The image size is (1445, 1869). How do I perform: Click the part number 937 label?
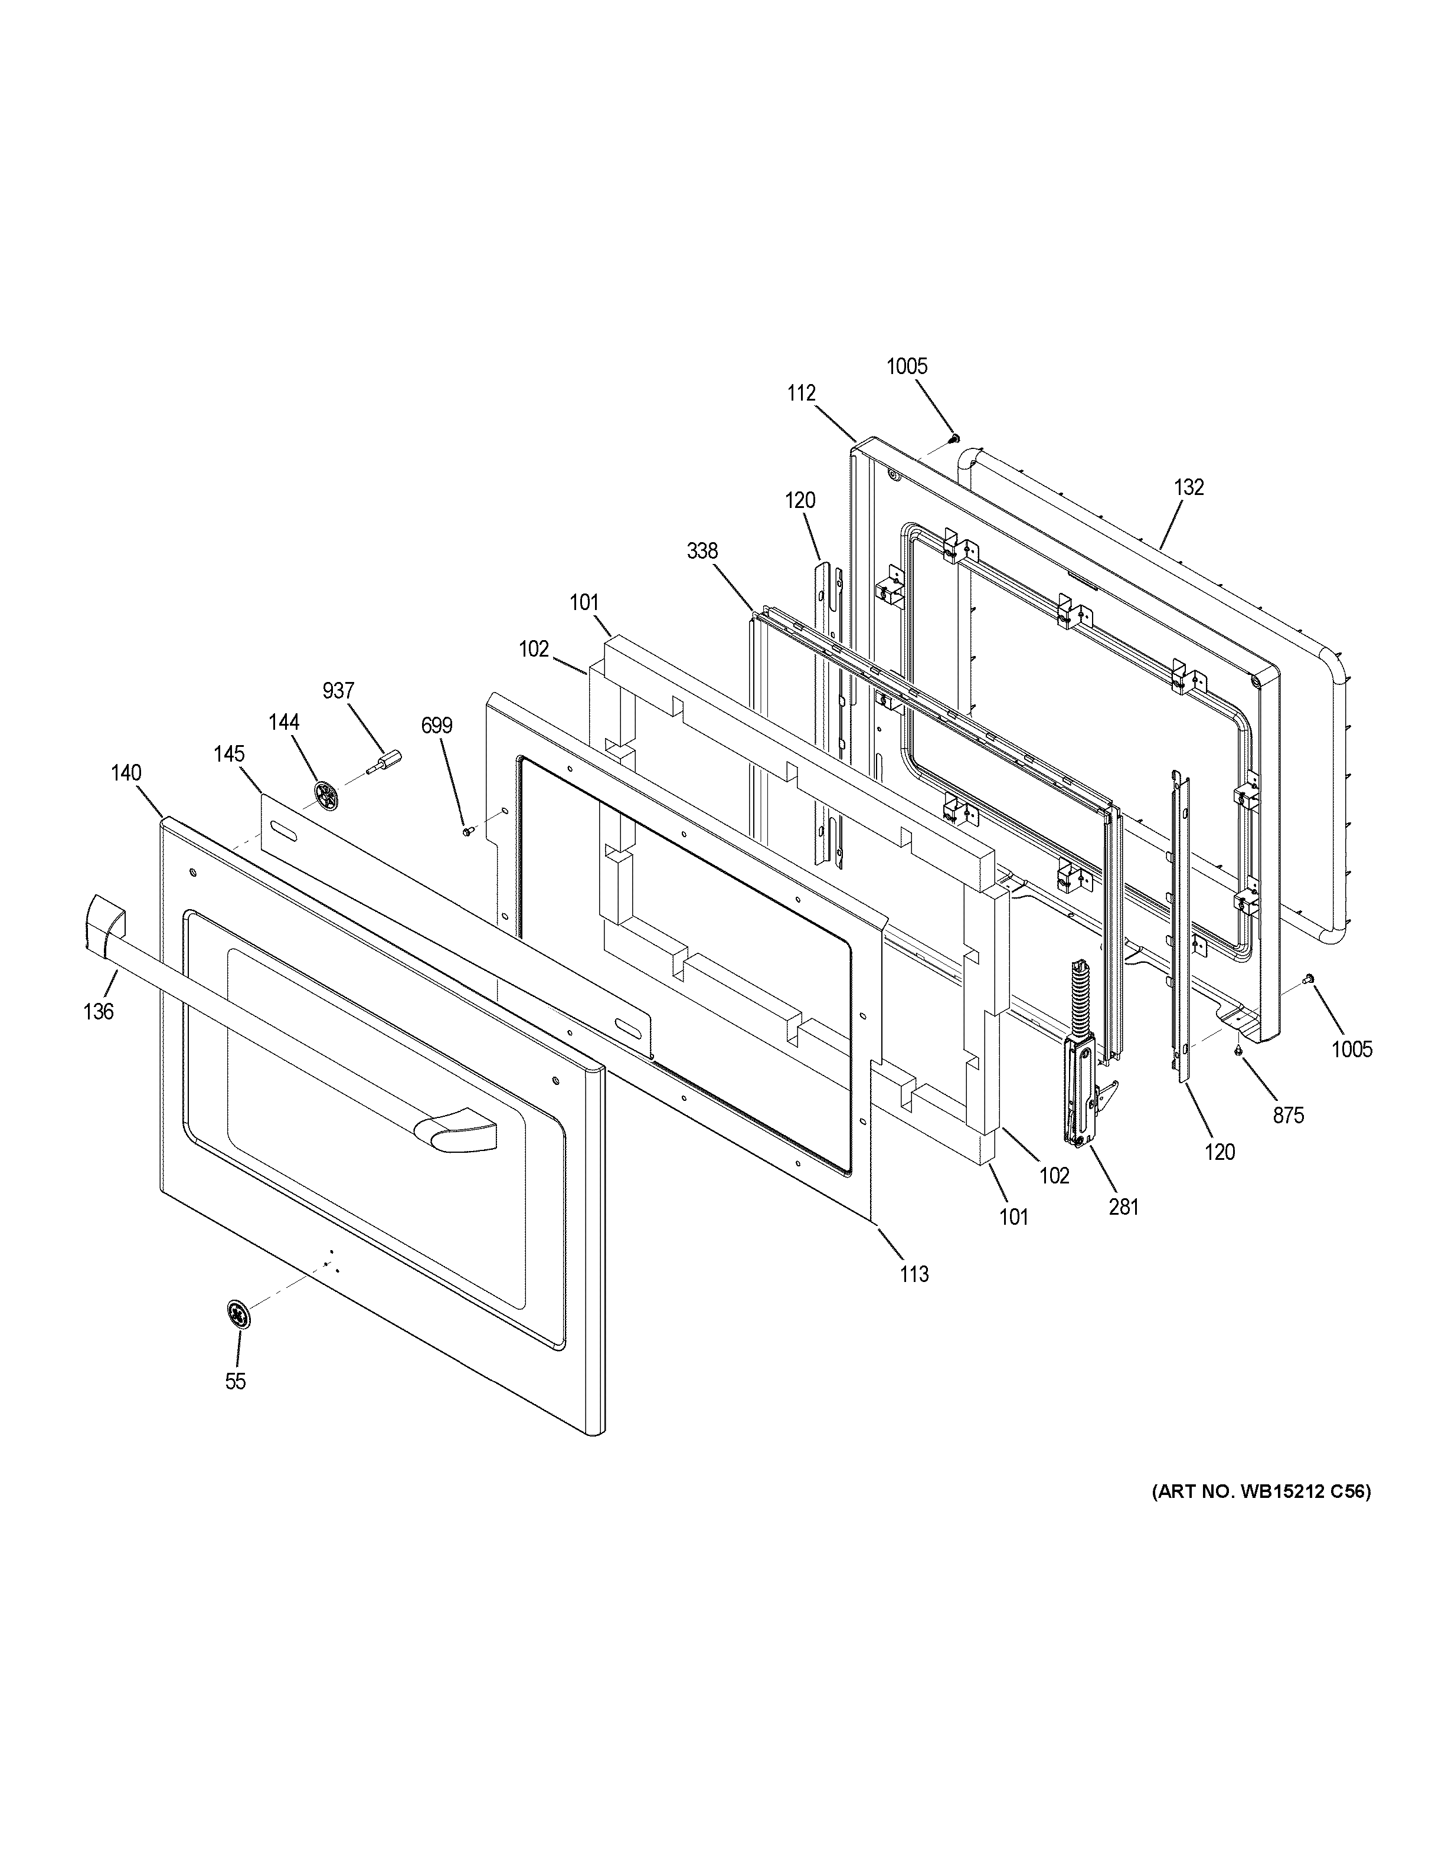[x=338, y=691]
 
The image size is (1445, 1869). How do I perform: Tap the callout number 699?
[x=437, y=727]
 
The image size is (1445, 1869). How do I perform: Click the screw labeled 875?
[x=1238, y=1050]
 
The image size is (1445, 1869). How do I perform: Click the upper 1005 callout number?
[x=907, y=366]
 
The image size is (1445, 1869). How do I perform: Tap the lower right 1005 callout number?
[x=1352, y=1049]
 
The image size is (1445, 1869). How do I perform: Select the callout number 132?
[x=1189, y=487]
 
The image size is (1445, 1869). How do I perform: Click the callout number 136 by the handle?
[x=99, y=1012]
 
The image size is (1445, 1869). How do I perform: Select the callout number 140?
[x=126, y=773]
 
